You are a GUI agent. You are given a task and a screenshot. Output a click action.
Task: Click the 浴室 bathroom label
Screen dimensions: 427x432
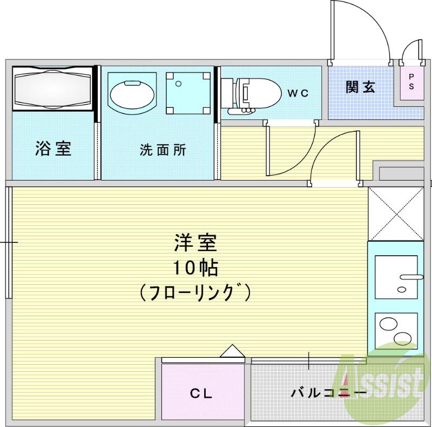pos(53,149)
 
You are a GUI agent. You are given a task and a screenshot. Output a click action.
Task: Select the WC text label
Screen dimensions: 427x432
pos(298,93)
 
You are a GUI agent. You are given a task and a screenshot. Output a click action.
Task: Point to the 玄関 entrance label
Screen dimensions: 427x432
pos(361,86)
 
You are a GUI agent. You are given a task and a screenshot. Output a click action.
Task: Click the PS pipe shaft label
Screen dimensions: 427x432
pos(411,82)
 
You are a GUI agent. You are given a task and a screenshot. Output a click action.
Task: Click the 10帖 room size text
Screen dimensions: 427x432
pos(195,268)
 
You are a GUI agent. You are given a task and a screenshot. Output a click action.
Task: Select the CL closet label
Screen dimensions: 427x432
pos(201,393)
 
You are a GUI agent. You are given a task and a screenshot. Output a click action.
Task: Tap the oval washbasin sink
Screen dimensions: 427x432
pos(133,94)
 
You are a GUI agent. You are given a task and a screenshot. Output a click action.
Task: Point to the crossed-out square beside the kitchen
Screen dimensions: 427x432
pos(395,213)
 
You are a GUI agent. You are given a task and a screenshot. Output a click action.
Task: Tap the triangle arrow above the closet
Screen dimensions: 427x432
pos(232,351)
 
